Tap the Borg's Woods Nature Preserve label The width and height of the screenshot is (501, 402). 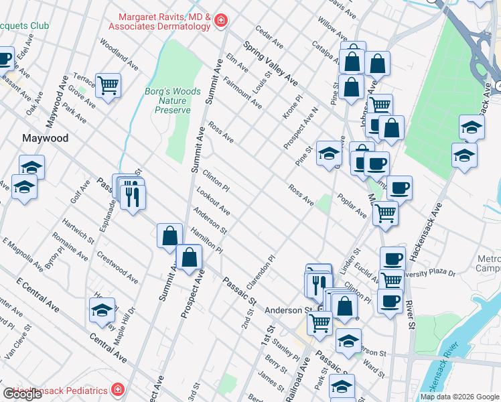point(168,100)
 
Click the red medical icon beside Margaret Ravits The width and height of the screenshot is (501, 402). point(220,23)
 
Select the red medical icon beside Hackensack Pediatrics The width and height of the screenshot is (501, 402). point(118,390)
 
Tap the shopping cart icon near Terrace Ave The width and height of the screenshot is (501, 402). point(107,85)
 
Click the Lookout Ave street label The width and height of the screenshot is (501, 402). point(213,202)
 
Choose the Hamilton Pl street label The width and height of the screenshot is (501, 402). point(206,239)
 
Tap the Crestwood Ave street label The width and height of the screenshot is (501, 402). point(117,266)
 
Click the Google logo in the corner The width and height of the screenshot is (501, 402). point(22,395)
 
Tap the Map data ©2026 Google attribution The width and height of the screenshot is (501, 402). point(459,397)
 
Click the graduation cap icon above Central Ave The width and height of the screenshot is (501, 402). point(102,310)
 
